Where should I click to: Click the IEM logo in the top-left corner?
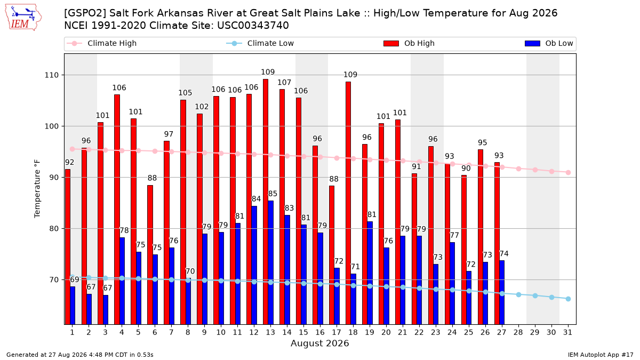click(23, 18)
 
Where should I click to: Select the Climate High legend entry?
click(101, 43)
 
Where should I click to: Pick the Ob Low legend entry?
click(549, 43)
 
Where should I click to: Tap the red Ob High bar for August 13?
click(266, 202)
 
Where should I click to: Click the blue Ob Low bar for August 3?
click(106, 310)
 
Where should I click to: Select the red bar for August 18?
click(348, 203)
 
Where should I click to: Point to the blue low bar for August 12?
click(254, 265)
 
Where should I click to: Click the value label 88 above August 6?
click(153, 178)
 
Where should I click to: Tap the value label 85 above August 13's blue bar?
click(273, 194)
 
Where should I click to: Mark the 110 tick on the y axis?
click(51, 75)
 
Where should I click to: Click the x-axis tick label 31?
click(567, 332)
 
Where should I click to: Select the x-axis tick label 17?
click(337, 332)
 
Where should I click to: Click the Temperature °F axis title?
click(37, 189)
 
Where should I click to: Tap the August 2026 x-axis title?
click(319, 343)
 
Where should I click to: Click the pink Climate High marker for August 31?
click(568, 173)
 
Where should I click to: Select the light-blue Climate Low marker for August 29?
click(535, 295)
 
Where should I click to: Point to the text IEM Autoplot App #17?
click(601, 355)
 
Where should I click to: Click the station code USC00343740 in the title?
click(253, 26)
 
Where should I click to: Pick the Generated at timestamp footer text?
click(79, 355)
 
